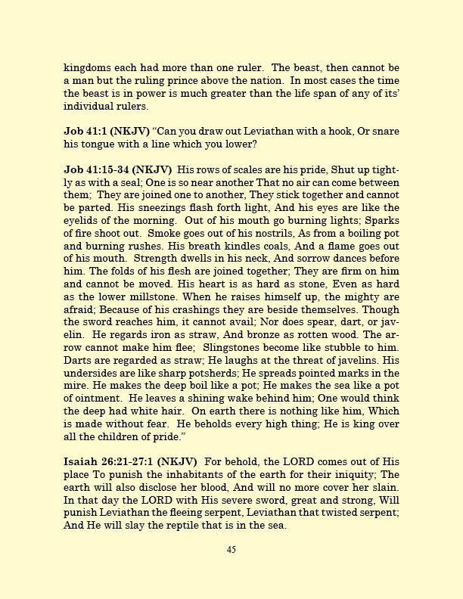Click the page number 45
(231, 550)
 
